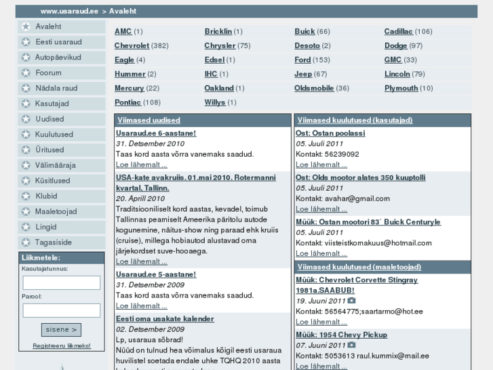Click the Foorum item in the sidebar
(48, 73)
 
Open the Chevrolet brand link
(132, 45)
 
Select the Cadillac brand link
(398, 31)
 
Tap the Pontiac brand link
(127, 103)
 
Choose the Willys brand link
(215, 103)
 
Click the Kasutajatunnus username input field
(61, 282)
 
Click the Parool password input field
(61, 310)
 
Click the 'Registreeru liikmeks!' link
(61, 346)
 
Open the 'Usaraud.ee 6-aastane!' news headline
(155, 133)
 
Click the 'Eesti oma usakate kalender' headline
(165, 318)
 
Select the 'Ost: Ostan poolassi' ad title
(330, 133)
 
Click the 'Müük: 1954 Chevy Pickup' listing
(341, 335)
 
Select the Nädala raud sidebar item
(56, 88)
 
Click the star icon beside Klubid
(26, 196)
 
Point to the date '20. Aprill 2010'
(140, 198)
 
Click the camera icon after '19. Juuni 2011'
(351, 301)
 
